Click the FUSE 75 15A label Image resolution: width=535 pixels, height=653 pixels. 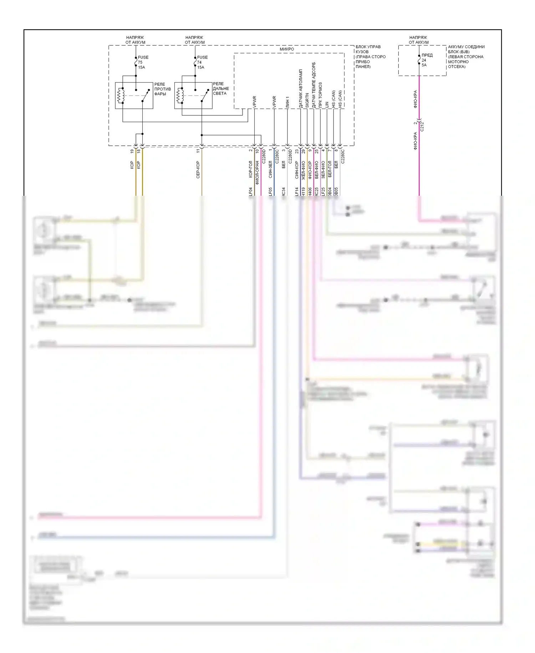click(143, 62)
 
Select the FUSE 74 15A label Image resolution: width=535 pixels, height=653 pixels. click(202, 62)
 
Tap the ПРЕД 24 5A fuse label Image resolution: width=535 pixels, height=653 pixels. click(427, 60)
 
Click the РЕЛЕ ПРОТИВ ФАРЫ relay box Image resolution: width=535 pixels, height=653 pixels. click(134, 95)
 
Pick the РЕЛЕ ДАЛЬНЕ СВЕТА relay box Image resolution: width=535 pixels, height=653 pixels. click(193, 95)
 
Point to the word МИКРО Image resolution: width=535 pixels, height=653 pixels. click(287, 49)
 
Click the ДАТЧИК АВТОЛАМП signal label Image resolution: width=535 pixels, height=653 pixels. click(301, 89)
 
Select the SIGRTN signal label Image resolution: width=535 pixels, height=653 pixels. click(307, 101)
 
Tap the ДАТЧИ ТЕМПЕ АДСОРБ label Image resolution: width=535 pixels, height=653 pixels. click(314, 85)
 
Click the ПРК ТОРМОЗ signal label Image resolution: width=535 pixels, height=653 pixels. click(320, 95)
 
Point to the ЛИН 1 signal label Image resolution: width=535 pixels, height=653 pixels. click(287, 102)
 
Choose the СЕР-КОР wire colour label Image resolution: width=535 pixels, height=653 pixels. click(198, 170)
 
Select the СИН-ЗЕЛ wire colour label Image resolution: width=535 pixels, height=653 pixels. click(270, 169)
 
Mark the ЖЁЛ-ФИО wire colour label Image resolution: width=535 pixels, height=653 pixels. click(303, 170)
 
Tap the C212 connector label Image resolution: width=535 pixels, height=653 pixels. click(422, 126)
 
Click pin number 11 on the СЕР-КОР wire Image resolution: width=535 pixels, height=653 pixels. click(198, 151)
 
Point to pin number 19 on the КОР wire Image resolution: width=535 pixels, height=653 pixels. click(132, 151)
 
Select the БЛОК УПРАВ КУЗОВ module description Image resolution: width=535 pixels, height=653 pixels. click(370, 56)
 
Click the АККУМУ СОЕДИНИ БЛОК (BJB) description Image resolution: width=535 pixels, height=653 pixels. click(466, 56)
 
